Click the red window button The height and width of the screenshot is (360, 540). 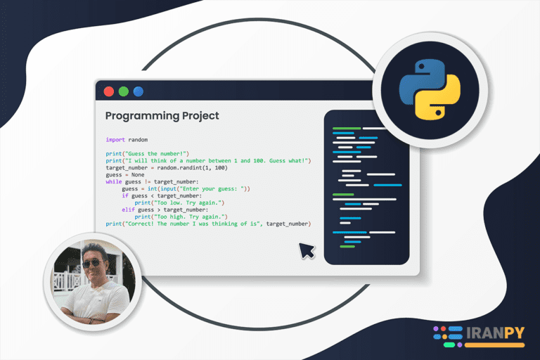tap(109, 91)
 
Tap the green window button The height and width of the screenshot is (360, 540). tap(124, 91)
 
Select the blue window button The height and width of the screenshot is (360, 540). tap(139, 91)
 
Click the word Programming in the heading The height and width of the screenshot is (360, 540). tap(142, 116)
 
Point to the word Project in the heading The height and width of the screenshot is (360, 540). tap(200, 116)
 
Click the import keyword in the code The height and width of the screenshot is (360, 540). tap(115, 140)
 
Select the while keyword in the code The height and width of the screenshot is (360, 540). tap(114, 181)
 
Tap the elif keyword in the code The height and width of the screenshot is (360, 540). tap(128, 210)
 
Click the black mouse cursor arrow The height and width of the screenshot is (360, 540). tap(306, 250)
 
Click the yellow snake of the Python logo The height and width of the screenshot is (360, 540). tap(439, 99)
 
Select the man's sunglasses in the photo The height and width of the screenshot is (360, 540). tap(91, 263)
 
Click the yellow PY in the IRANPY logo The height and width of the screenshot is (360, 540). tap(515, 333)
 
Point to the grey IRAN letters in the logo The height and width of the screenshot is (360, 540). tap(485, 333)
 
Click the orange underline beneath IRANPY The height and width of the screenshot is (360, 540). tap(494, 345)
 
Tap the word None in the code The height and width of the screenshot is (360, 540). tap(138, 174)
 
